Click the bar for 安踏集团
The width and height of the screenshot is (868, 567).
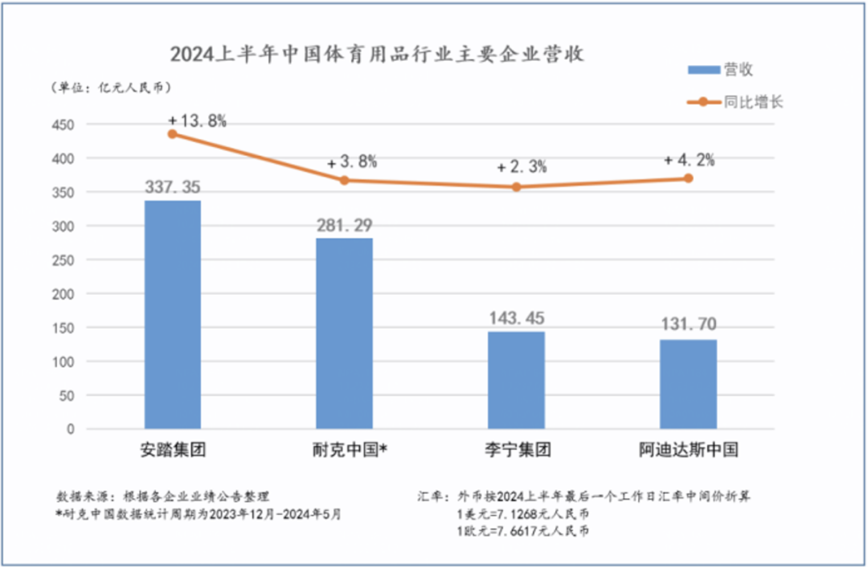point(172,314)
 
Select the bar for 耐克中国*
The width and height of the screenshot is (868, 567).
point(344,332)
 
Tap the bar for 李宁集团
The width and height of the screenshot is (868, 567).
point(516,380)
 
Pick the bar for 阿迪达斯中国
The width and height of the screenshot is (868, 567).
point(688,384)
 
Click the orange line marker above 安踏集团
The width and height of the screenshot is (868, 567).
point(172,134)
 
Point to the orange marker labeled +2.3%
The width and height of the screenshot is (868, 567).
point(516,187)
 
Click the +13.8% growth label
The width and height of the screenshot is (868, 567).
point(198,120)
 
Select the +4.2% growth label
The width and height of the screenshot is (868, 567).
point(689,160)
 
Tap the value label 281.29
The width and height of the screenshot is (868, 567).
point(344,224)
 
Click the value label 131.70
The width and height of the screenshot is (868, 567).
point(688,324)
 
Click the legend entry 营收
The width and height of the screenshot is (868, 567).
point(720,70)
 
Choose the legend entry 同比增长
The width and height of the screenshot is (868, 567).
point(735,102)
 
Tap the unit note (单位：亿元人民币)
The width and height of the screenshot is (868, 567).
point(112,87)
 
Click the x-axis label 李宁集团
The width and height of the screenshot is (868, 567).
point(516,450)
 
